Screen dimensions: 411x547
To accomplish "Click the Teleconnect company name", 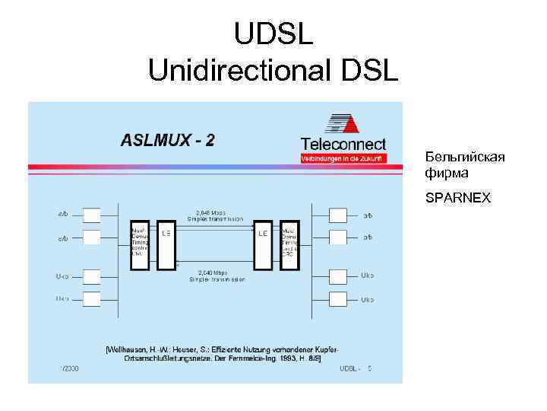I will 343,144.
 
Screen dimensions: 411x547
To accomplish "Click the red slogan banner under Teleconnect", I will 343,158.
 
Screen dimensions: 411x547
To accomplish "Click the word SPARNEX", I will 458,199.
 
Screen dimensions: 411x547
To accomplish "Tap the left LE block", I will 166,245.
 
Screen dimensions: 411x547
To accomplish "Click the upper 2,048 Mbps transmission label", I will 217,215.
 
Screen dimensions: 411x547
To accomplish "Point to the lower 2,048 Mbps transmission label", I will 217,276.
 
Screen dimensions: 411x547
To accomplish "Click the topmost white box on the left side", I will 91,214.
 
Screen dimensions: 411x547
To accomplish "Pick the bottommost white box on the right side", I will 338,299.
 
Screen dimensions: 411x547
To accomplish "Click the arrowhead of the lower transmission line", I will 179,263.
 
